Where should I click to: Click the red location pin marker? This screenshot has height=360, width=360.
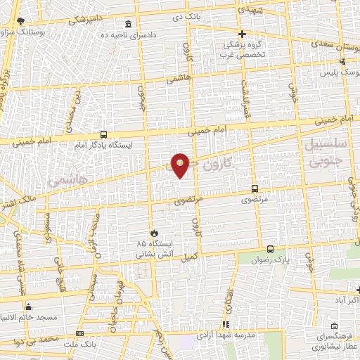click(x=181, y=165)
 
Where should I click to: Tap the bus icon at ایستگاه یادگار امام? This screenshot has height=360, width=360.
click(x=103, y=134)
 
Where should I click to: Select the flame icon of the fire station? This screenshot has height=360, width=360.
click(x=154, y=232)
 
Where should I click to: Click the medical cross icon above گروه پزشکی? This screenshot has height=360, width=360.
click(x=243, y=34)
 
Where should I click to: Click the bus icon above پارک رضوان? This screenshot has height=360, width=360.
click(x=270, y=250)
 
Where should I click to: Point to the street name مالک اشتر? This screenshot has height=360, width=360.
click(x=10, y=204)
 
